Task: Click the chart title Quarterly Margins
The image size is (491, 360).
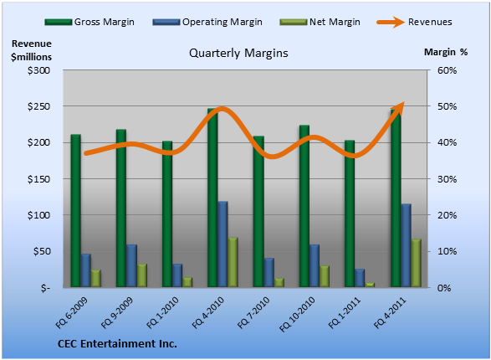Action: point(238,53)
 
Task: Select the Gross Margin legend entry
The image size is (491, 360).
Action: point(90,22)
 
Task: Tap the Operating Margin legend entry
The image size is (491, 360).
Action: point(207,22)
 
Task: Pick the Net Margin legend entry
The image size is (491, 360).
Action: point(320,22)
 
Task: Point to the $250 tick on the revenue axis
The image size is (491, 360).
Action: point(38,106)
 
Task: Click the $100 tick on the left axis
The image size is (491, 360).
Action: point(38,215)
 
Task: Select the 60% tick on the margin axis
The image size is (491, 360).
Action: point(448,70)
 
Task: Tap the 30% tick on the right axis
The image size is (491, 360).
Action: point(448,179)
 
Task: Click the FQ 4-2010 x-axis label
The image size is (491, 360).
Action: point(208,312)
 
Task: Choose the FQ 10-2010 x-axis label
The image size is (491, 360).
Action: point(297,314)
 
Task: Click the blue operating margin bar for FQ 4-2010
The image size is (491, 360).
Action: point(222,244)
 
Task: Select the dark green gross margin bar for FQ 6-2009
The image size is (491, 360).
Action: point(76,211)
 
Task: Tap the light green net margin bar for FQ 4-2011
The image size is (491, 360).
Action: point(417,263)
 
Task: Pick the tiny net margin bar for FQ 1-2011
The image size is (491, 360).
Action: point(370,285)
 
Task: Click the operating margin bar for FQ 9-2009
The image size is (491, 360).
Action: point(131,265)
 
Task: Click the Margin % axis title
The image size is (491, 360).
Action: point(446,52)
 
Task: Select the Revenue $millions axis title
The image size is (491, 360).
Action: point(31,50)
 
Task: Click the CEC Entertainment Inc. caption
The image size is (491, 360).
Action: point(117,344)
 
